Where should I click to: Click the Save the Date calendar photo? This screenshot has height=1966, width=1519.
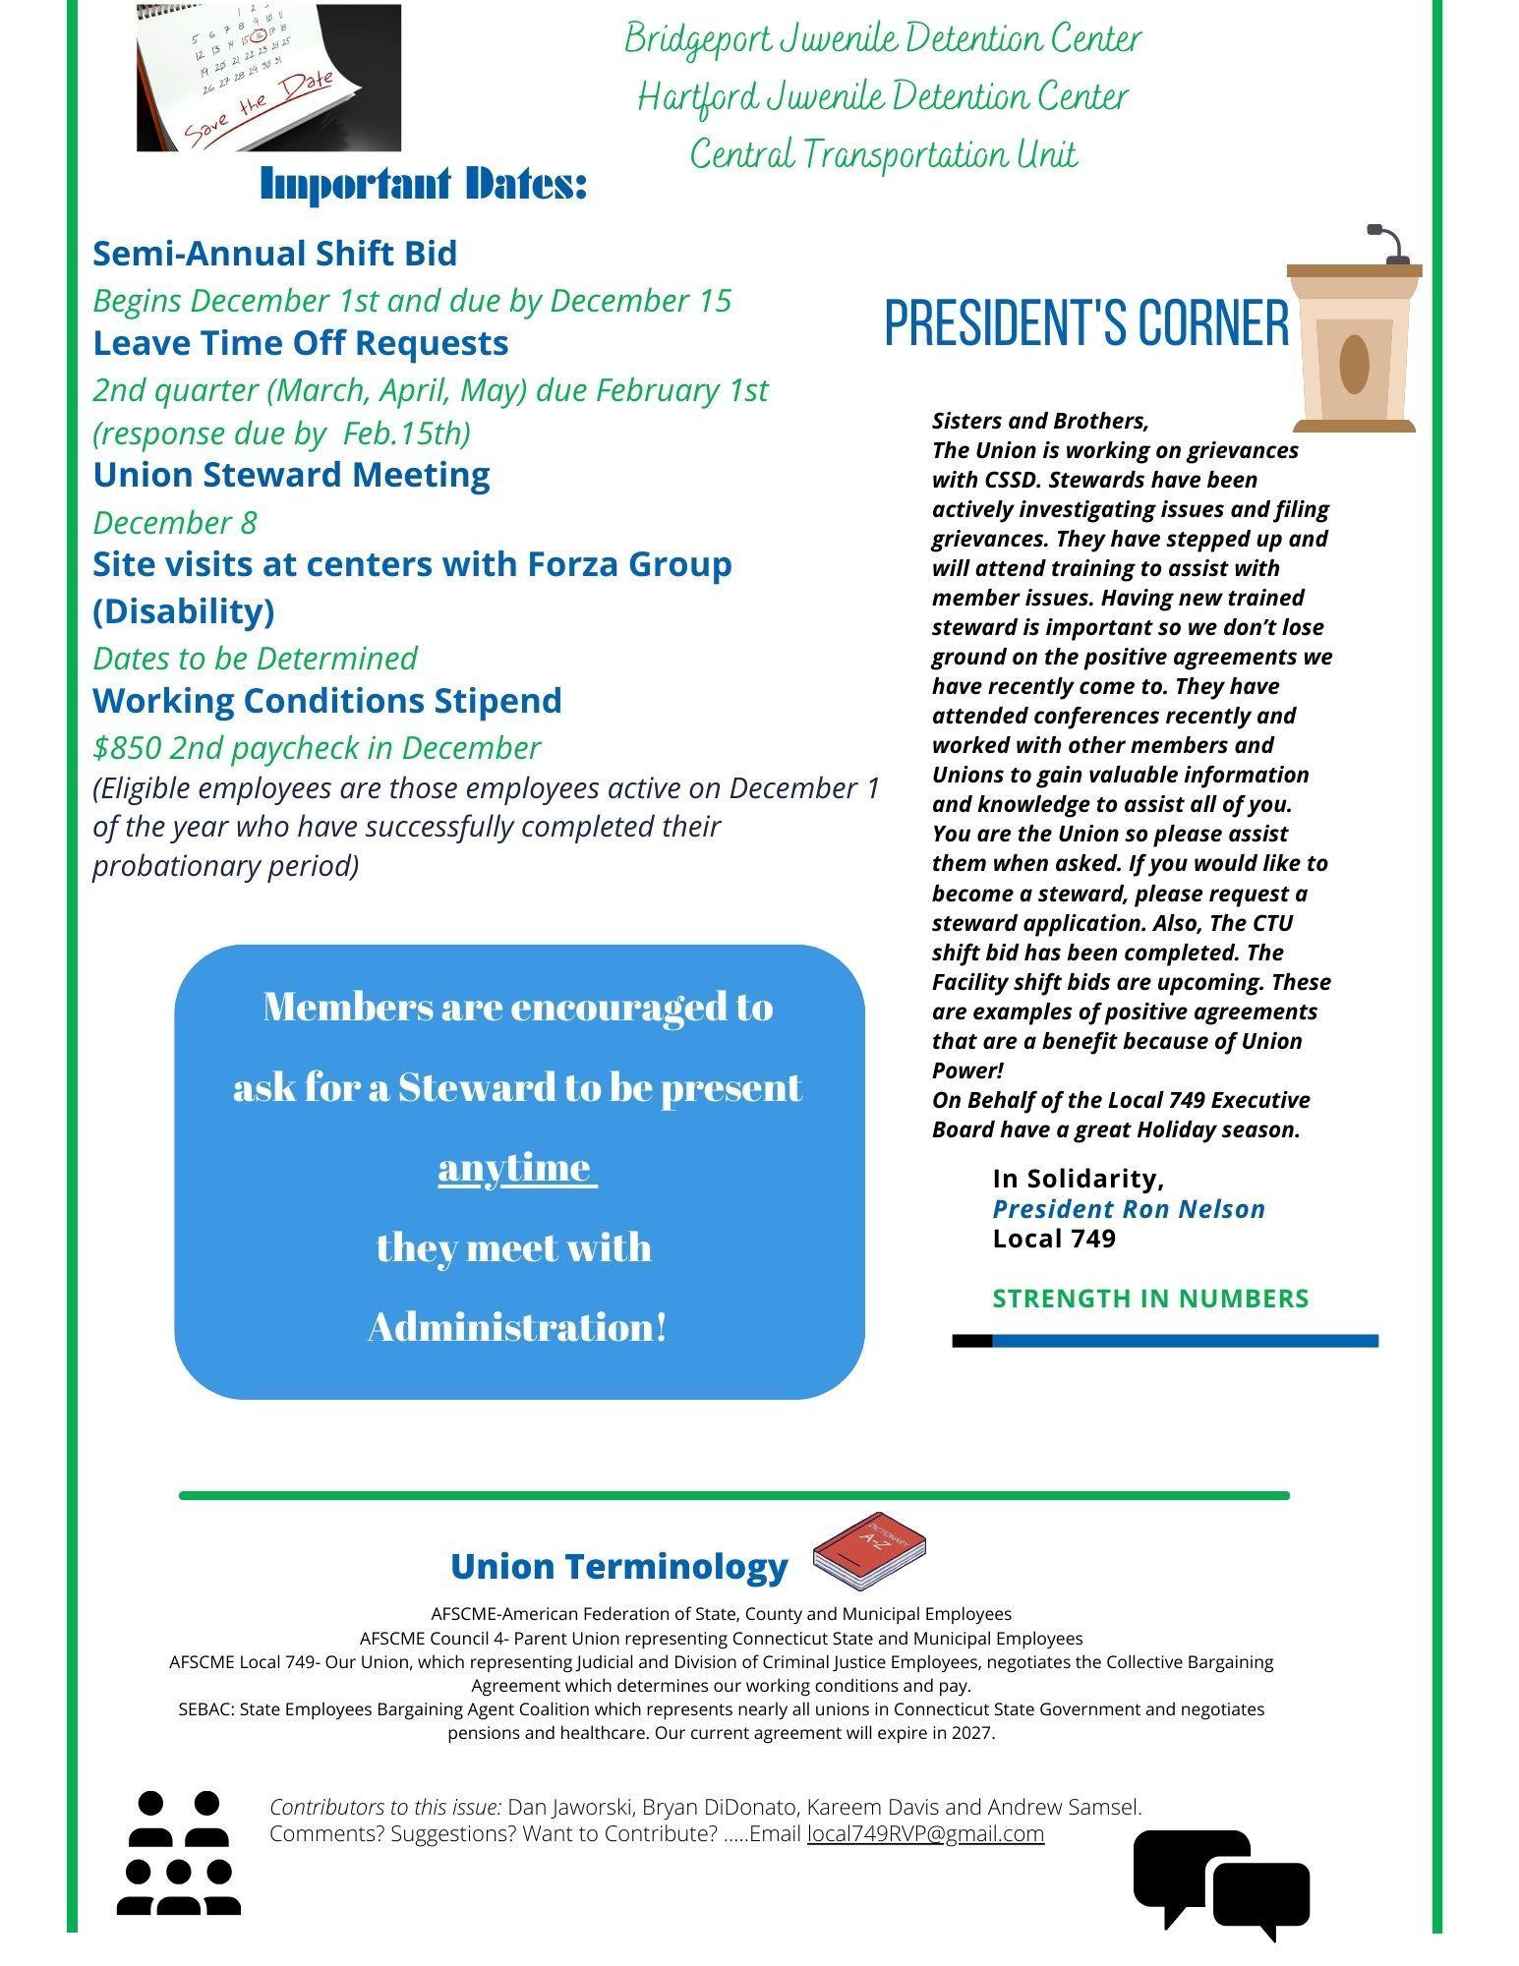[268, 78]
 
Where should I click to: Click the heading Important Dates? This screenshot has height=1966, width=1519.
[423, 184]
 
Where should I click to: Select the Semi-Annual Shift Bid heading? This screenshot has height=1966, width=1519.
[274, 253]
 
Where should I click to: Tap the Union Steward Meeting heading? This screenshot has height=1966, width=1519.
[291, 474]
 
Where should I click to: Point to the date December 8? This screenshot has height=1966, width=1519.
[174, 522]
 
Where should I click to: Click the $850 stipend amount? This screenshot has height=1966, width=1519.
[127, 747]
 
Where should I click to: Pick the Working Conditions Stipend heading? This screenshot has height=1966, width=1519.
[326, 700]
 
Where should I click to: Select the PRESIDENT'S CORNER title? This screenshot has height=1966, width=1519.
[1085, 323]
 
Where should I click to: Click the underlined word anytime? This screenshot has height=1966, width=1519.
[516, 1167]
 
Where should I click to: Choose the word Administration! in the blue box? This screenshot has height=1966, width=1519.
[517, 1327]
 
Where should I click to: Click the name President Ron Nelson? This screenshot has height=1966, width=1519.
[1128, 1208]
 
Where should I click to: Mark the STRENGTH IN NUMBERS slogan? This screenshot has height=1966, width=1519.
[1149, 1298]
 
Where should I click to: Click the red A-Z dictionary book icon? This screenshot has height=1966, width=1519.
[869, 1551]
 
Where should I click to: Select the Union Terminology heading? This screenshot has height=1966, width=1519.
[618, 1566]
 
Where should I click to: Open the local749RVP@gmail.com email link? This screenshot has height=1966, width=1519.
[924, 1833]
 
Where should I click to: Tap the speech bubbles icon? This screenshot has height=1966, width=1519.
[1220, 1881]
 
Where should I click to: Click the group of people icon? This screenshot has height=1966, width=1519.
[178, 1852]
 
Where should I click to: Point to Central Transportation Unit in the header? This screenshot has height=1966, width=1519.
[882, 154]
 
